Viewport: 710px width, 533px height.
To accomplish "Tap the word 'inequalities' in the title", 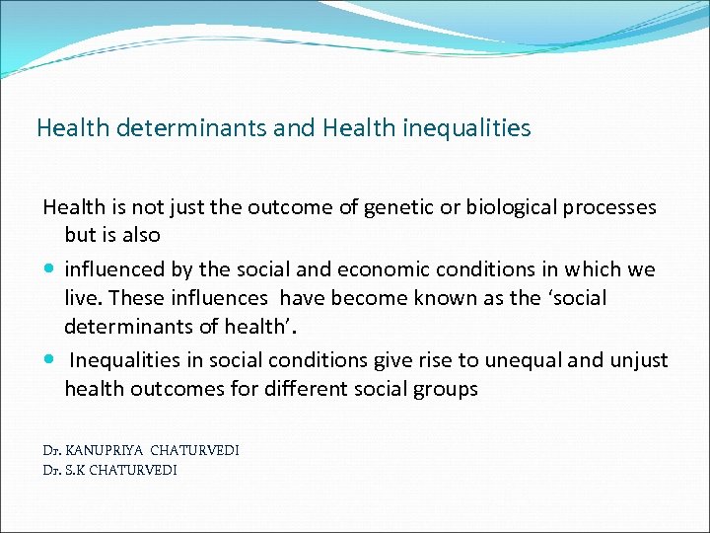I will [x=467, y=128].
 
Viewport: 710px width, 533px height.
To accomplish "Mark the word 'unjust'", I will [x=639, y=360].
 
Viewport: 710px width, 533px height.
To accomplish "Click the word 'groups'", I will [x=448, y=389].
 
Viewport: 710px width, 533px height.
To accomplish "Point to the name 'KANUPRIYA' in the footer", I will [x=104, y=450].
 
